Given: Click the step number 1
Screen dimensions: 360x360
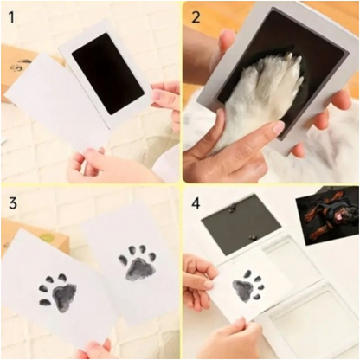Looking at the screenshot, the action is (11, 18).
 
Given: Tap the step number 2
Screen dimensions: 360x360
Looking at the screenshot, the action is (196, 18).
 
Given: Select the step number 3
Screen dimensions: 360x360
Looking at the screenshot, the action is (13, 202).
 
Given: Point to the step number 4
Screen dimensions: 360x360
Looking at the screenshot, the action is (196, 204).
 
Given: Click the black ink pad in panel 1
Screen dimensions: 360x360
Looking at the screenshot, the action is (107, 74).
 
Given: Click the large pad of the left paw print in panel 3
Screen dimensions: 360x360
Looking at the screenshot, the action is (65, 297).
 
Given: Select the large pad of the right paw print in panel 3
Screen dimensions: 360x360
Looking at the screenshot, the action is (141, 270).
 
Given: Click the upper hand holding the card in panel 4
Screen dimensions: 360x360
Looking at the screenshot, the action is (199, 274).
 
